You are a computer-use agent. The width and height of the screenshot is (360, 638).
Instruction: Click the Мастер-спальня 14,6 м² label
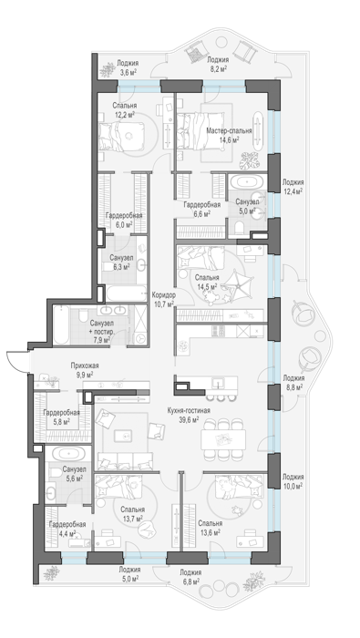pyautogui.click(x=228, y=135)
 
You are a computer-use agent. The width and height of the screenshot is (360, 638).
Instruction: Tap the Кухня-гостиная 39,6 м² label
pyautogui.click(x=188, y=415)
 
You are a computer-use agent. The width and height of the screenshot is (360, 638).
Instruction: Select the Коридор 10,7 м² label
pyautogui.click(x=163, y=299)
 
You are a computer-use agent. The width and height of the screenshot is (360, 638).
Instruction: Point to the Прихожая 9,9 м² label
pyautogui.click(x=85, y=369)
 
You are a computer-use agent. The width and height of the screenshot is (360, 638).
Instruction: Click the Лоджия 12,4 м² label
pyautogui.click(x=293, y=186)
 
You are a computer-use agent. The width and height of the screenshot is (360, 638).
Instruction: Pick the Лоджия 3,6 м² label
pyautogui.click(x=128, y=67)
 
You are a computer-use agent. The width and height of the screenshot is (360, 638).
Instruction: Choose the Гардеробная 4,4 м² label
pyautogui.click(x=67, y=528)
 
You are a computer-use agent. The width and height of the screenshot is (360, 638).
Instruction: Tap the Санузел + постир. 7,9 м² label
pyautogui.click(x=101, y=331)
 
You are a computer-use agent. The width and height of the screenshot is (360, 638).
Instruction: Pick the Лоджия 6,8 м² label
pyautogui.click(x=190, y=576)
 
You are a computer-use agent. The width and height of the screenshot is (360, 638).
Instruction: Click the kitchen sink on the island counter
pyautogui.click(x=218, y=383)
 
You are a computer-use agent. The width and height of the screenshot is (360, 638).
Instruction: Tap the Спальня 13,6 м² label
pyautogui.click(x=210, y=528)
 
